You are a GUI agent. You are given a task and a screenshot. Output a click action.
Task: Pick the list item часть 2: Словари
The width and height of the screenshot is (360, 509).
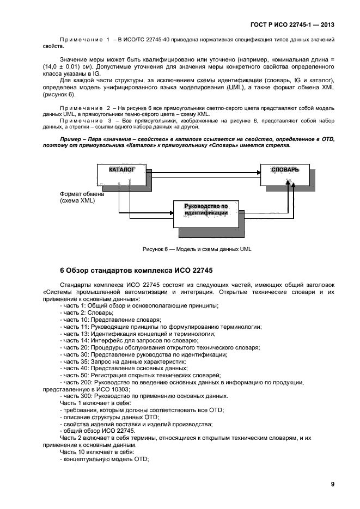[87, 313]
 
